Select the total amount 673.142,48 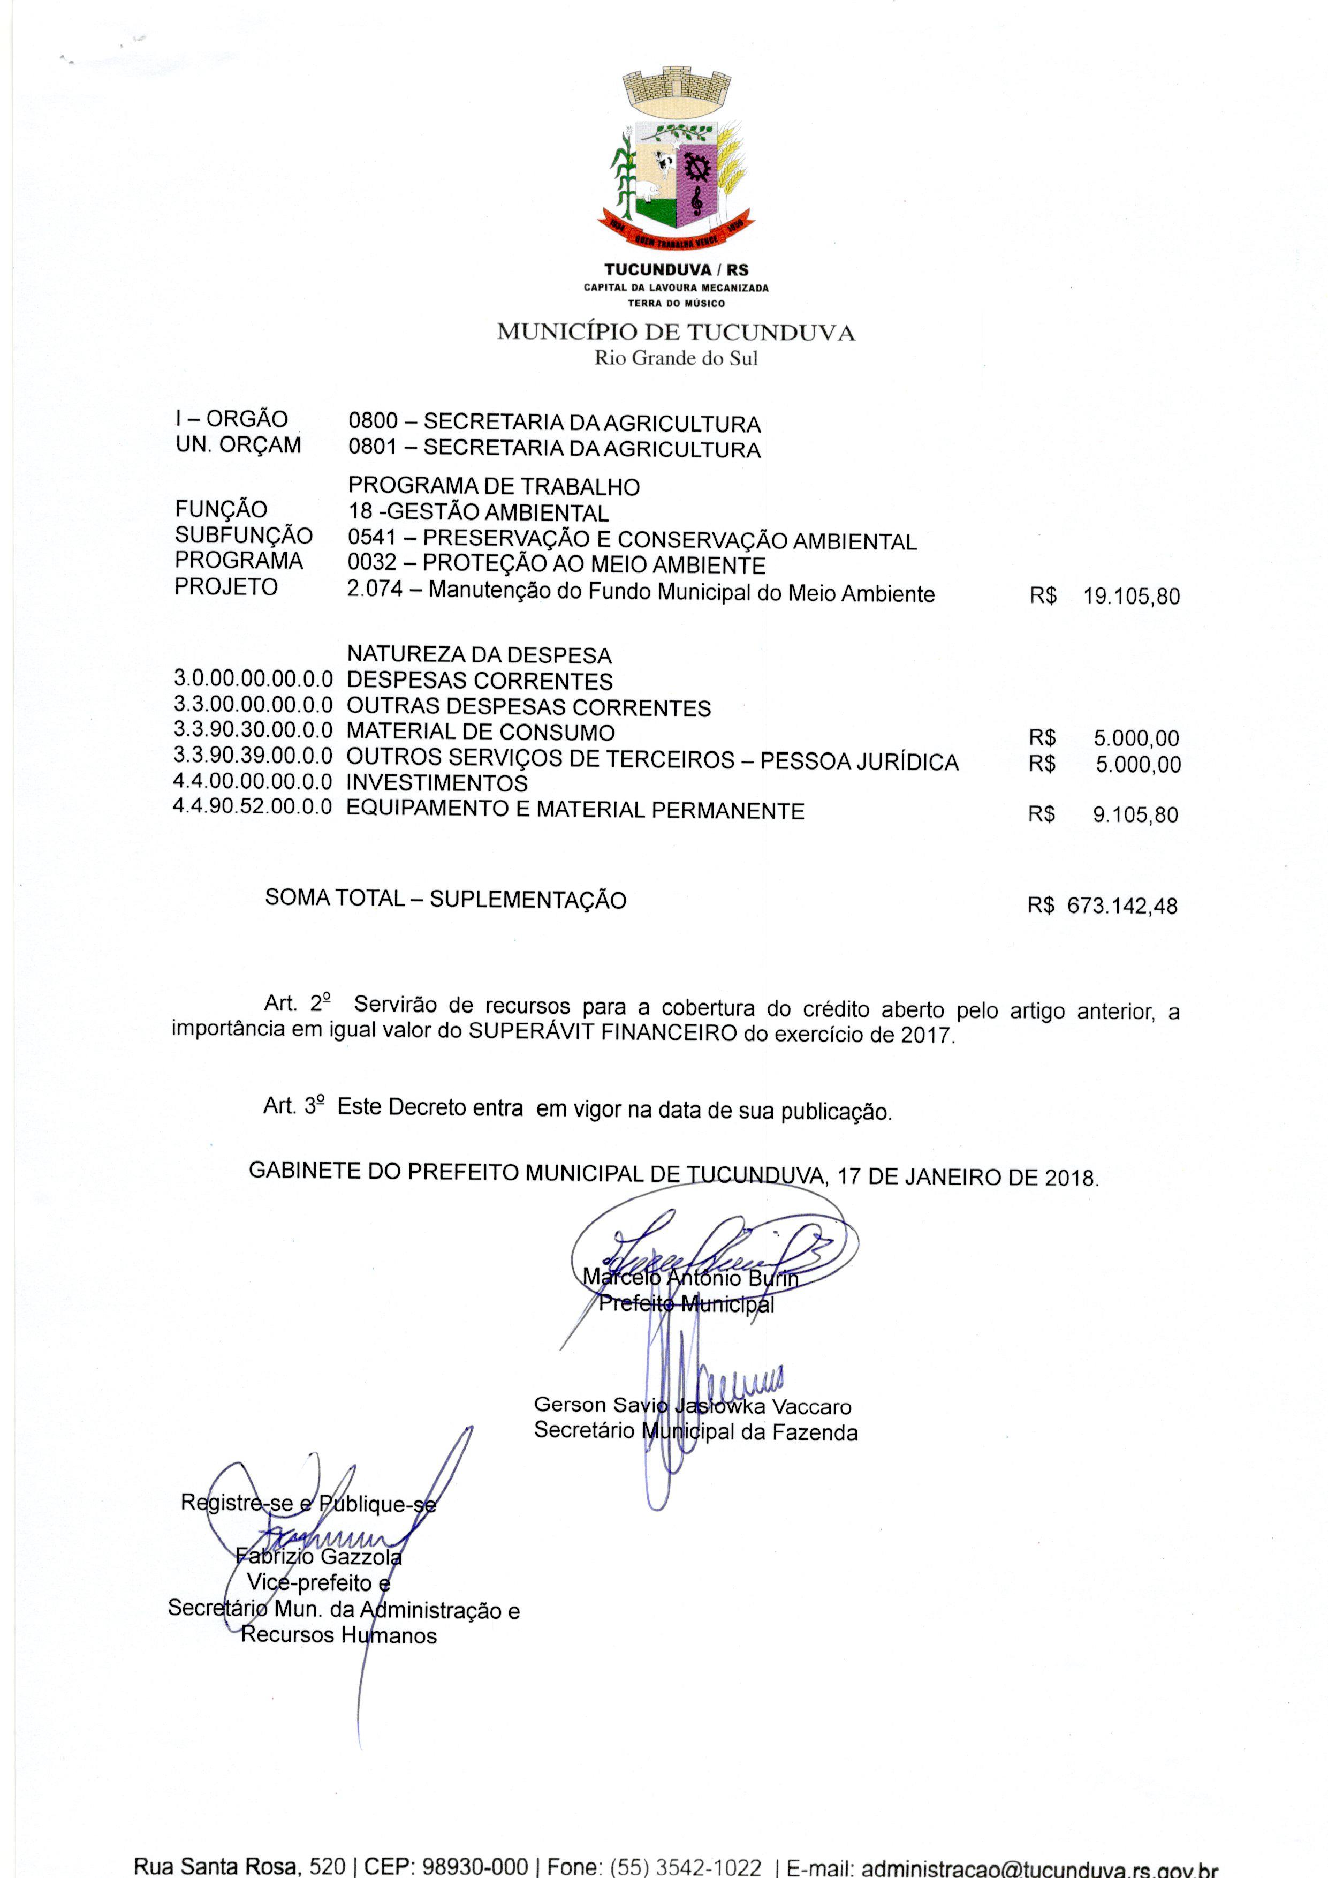pyautogui.click(x=1122, y=906)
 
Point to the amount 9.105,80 pyautogui.click(x=1135, y=814)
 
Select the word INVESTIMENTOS pyautogui.click(x=437, y=783)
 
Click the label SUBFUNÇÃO pyautogui.click(x=244, y=536)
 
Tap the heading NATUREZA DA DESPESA pyautogui.click(x=479, y=655)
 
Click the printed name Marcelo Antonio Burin pyautogui.click(x=690, y=1278)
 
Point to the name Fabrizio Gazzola pyautogui.click(x=319, y=1557)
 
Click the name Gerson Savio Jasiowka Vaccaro pyautogui.click(x=692, y=1407)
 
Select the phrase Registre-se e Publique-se pyautogui.click(x=308, y=1503)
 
